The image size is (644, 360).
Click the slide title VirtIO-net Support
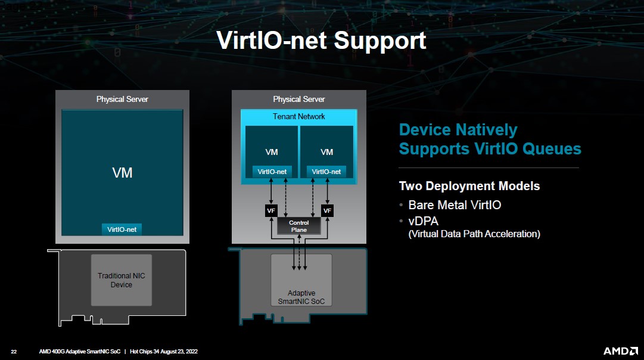point(321,40)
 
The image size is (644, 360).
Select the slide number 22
point(14,352)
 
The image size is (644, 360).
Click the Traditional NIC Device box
point(122,280)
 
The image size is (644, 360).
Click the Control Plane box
point(299,226)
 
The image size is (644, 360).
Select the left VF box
point(271,211)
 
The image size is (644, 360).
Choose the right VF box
point(327,211)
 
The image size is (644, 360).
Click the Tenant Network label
point(299,116)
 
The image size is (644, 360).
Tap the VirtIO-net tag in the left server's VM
point(122,229)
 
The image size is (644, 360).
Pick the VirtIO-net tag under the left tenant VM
point(272,172)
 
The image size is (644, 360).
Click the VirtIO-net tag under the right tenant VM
point(326,172)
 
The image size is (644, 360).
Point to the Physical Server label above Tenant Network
point(299,99)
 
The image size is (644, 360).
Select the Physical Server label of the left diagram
point(122,99)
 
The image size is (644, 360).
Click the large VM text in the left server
point(122,173)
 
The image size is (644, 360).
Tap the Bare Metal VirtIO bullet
point(454,205)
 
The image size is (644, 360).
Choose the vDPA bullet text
point(423,221)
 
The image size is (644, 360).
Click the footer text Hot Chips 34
point(150,352)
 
